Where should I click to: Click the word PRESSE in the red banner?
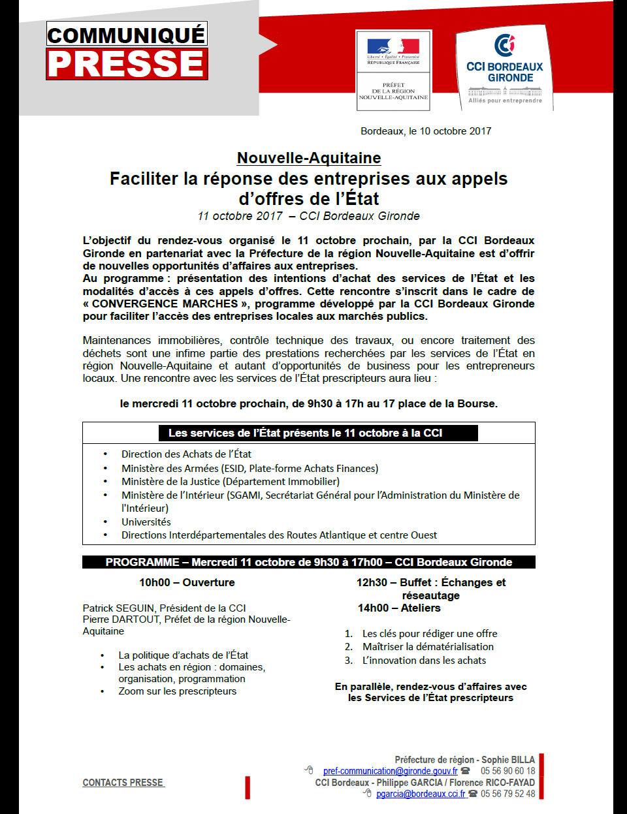point(127,64)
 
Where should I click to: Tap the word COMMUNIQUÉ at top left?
point(127,35)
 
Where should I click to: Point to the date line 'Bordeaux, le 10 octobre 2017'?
point(426,131)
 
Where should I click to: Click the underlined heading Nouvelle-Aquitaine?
point(309,158)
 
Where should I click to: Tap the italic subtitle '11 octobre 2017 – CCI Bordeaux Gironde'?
point(308,216)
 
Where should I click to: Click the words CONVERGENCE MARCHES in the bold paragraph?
point(165,304)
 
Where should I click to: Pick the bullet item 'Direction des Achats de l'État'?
point(186,454)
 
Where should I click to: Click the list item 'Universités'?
point(146,522)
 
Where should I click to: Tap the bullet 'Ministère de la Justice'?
point(230,482)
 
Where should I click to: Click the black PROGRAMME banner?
point(308,562)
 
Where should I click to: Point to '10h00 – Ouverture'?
point(187,582)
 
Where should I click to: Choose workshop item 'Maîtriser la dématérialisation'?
point(428,647)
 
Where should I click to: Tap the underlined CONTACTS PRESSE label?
point(123,783)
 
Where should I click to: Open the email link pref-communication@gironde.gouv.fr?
point(390,771)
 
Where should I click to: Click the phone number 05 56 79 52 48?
point(507,794)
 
